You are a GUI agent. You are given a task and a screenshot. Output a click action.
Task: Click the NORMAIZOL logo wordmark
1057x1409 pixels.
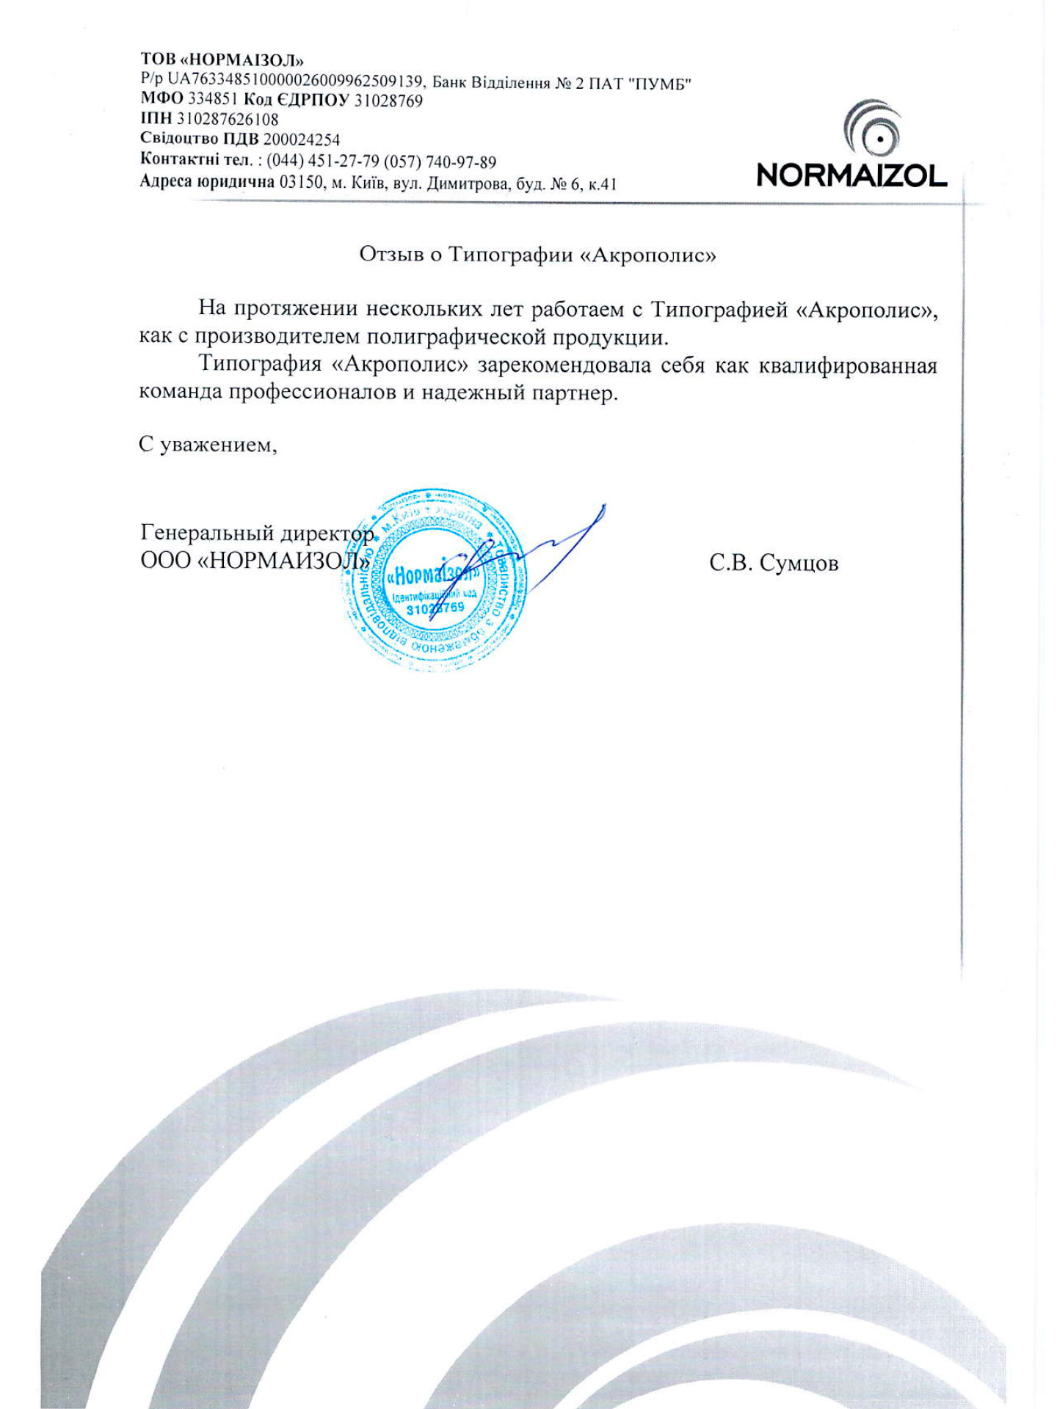(851, 175)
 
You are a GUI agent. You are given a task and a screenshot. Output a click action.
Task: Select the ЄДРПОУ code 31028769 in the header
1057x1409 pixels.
(388, 101)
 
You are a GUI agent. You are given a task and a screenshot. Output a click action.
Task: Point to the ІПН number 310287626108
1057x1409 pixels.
(228, 120)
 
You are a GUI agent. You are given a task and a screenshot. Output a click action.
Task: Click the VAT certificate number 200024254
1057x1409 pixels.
(302, 139)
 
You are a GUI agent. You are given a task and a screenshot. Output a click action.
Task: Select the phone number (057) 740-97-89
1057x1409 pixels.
(440, 161)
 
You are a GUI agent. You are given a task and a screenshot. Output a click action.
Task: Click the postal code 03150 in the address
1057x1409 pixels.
(301, 182)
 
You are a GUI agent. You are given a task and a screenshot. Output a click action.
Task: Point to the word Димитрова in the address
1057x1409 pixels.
(467, 183)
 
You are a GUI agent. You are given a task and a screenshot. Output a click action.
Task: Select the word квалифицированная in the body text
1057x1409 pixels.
(848, 365)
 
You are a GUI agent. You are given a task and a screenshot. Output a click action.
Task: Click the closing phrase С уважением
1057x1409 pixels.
(208, 445)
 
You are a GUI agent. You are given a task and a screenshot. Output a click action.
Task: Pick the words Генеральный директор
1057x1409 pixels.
(257, 532)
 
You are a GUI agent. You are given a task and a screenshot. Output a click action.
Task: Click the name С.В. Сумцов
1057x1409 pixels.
(774, 564)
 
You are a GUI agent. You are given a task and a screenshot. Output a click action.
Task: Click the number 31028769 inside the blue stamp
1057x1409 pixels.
(435, 608)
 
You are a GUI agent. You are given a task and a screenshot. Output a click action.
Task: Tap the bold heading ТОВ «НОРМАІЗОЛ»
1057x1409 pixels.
(222, 60)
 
